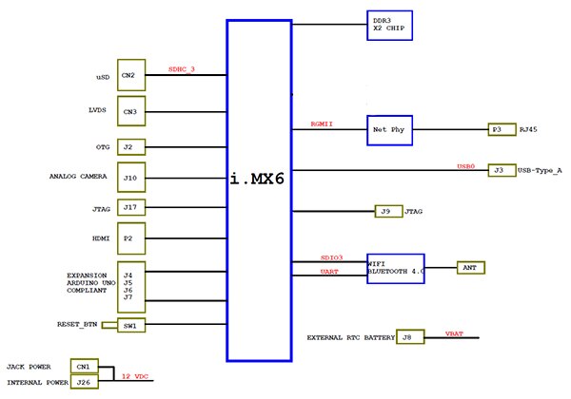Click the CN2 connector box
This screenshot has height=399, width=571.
130,74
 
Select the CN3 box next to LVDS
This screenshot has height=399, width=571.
130,110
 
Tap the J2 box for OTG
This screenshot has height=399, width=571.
130,147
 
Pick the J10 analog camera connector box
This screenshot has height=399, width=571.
130,178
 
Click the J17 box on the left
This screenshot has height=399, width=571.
130,207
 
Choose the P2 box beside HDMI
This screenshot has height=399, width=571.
130,237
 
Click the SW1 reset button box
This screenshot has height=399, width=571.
130,325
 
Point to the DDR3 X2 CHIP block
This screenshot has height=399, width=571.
389,24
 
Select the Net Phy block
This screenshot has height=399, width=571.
389,129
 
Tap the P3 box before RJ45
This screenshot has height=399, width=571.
501,129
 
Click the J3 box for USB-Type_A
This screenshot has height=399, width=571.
501,170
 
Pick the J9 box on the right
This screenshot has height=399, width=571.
385,211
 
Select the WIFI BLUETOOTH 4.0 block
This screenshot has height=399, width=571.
395,267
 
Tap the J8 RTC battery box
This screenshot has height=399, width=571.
406,336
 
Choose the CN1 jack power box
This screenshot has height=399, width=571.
83,366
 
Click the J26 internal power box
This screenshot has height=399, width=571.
83,382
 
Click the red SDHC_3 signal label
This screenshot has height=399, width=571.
181,68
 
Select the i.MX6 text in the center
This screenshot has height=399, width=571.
262,179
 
